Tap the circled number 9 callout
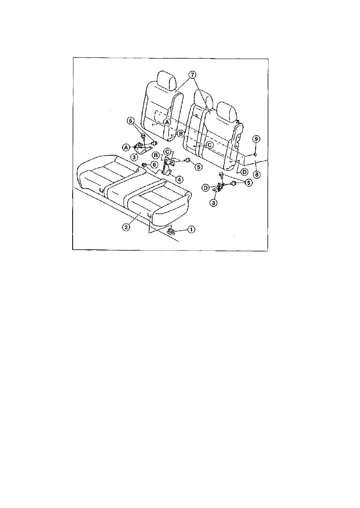coord(256,139)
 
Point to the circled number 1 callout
coord(191,230)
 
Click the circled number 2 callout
coord(126,227)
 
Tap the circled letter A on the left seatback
coord(167,122)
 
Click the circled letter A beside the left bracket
coord(126,147)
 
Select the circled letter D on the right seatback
coord(244,171)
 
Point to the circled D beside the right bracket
coord(206,187)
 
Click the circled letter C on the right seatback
coord(209,145)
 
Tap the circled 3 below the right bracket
coord(214,203)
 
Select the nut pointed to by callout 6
coord(144,165)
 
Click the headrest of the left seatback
coord(167,80)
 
